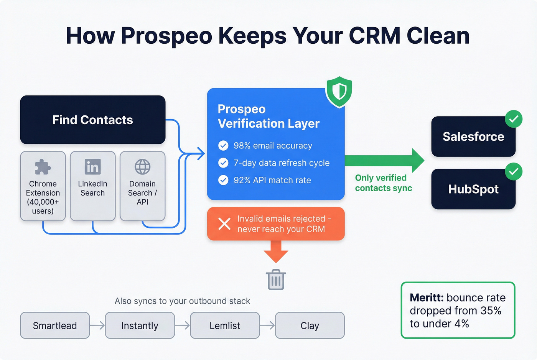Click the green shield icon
[339, 92]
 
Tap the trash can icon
[276, 279]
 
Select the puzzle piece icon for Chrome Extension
[43, 167]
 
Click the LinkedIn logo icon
[92, 167]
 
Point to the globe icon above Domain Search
[142, 167]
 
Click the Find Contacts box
[92, 120]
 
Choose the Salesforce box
[473, 137]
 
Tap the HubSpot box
[473, 189]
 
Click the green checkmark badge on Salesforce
[514, 119]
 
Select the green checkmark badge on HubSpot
[514, 171]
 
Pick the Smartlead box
[55, 325]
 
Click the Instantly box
[140, 325]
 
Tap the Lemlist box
[225, 325]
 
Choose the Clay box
[310, 325]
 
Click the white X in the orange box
[224, 224]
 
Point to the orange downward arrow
[276, 252]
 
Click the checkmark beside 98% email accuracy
[223, 146]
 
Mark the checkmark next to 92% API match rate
[223, 180]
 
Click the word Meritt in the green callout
[426, 298]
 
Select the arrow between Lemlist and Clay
[267, 325]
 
